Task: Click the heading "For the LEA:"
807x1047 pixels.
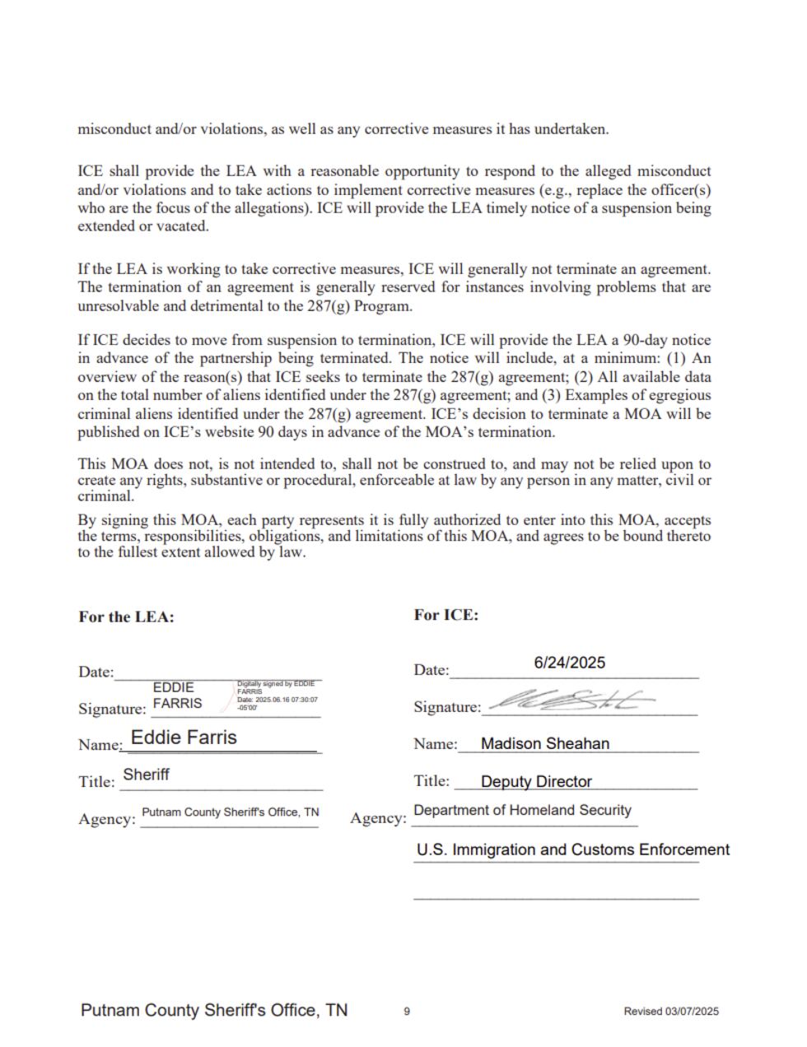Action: point(126,617)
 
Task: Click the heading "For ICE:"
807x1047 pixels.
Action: point(445,615)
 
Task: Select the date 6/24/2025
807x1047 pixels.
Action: point(569,663)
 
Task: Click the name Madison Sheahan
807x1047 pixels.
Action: point(545,743)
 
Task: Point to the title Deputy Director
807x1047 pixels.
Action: point(536,781)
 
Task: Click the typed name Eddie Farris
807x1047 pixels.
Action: point(184,738)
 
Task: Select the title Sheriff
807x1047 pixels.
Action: point(146,775)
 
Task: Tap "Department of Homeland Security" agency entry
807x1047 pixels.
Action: point(522,810)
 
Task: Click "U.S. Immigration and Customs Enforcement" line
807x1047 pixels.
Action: point(572,849)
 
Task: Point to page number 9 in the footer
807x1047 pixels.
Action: point(407,1012)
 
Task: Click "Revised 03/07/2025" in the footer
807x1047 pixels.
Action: point(671,1012)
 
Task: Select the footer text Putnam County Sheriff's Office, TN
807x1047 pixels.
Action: point(214,1010)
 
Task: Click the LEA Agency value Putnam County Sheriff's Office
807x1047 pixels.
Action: point(230,812)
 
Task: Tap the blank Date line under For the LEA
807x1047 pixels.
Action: point(218,675)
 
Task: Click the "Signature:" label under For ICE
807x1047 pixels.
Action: point(447,707)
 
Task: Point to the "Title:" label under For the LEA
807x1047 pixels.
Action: point(96,781)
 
